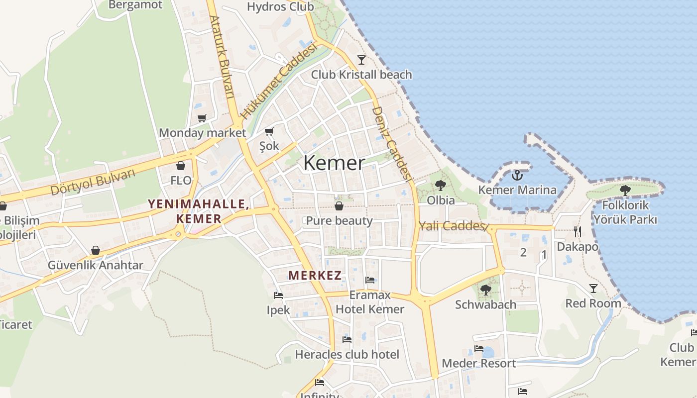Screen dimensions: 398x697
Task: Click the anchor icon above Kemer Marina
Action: coord(517,175)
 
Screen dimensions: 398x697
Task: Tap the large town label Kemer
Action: coord(334,163)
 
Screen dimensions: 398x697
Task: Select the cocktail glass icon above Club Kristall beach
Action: coord(361,60)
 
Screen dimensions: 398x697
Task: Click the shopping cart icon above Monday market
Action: coord(202,118)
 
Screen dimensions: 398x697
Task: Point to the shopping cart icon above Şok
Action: coord(269,131)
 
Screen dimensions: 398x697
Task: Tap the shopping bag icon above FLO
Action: coord(181,166)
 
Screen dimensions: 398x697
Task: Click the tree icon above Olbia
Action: coord(440,186)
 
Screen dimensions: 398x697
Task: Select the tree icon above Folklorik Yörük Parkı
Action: coord(625,190)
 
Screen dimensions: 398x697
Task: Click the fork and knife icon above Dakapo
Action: coord(578,231)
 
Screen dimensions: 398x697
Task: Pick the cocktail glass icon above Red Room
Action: coord(593,289)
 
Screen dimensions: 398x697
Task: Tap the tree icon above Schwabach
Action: coord(485,290)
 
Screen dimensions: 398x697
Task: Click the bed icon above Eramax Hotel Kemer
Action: coord(370,280)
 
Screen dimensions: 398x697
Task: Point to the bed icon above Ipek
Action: coord(278,296)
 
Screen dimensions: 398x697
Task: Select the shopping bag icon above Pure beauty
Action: coord(339,205)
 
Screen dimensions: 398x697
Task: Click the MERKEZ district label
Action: coord(315,275)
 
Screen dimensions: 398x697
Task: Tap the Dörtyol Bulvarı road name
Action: coord(93,183)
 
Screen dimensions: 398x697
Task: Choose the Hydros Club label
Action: coord(280,7)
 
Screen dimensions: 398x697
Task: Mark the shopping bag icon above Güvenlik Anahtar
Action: coord(96,250)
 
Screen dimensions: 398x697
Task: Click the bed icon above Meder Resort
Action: coord(478,349)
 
